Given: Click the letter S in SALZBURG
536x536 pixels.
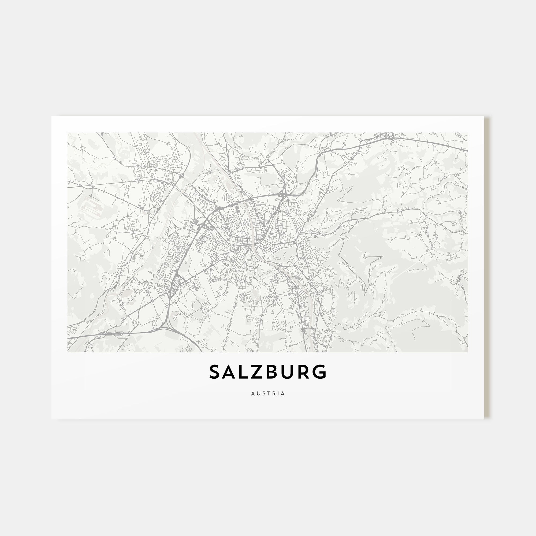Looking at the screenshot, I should [x=215, y=372].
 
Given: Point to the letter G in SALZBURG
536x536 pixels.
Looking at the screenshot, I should [x=321, y=372].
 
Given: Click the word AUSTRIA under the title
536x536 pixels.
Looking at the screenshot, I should [x=268, y=393].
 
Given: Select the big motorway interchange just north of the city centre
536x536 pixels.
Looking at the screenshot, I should [x=284, y=194].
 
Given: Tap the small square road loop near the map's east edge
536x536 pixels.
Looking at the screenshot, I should [x=455, y=224].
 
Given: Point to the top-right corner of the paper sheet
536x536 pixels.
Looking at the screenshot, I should [x=484, y=116].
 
